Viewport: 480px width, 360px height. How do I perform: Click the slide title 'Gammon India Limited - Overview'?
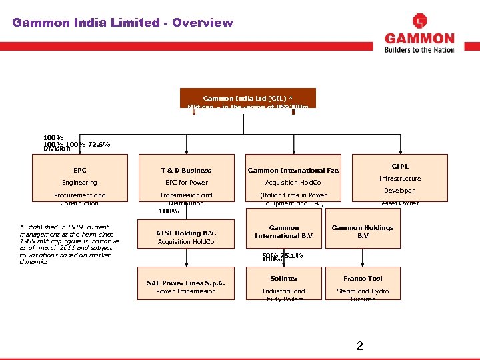(x=123, y=23)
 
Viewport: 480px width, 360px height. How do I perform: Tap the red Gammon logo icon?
(x=419, y=21)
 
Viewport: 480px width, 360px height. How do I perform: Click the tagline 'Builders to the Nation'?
(x=419, y=49)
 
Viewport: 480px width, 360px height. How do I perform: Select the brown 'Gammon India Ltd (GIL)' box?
(x=247, y=98)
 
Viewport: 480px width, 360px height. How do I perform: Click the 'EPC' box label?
(x=79, y=171)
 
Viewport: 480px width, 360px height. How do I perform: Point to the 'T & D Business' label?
(x=186, y=171)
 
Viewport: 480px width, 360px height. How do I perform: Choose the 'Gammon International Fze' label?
(x=293, y=171)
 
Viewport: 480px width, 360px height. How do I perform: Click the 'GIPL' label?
(x=400, y=166)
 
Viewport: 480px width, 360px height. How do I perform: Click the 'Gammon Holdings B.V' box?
(x=363, y=231)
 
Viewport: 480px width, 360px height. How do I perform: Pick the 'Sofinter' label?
(x=284, y=279)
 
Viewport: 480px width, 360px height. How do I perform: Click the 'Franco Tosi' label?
(x=363, y=279)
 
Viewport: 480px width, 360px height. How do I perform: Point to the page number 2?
(x=359, y=345)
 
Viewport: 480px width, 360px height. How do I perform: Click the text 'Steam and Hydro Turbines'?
(x=363, y=295)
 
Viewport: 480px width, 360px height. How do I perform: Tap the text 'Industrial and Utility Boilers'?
(x=284, y=295)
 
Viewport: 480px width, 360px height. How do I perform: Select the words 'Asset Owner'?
(x=400, y=203)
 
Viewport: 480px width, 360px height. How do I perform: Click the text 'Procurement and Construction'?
(x=79, y=199)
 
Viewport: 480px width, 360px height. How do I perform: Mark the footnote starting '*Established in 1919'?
(x=69, y=244)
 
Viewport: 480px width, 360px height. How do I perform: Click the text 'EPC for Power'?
(x=186, y=183)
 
